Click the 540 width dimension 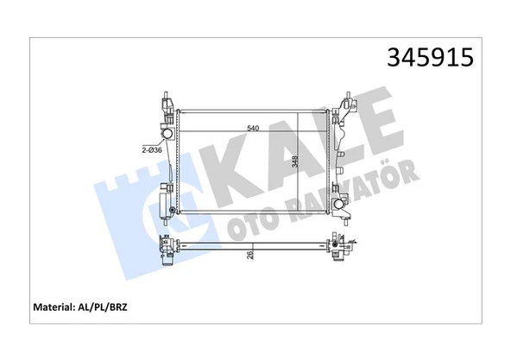point(253,128)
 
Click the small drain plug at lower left point(173,210)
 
